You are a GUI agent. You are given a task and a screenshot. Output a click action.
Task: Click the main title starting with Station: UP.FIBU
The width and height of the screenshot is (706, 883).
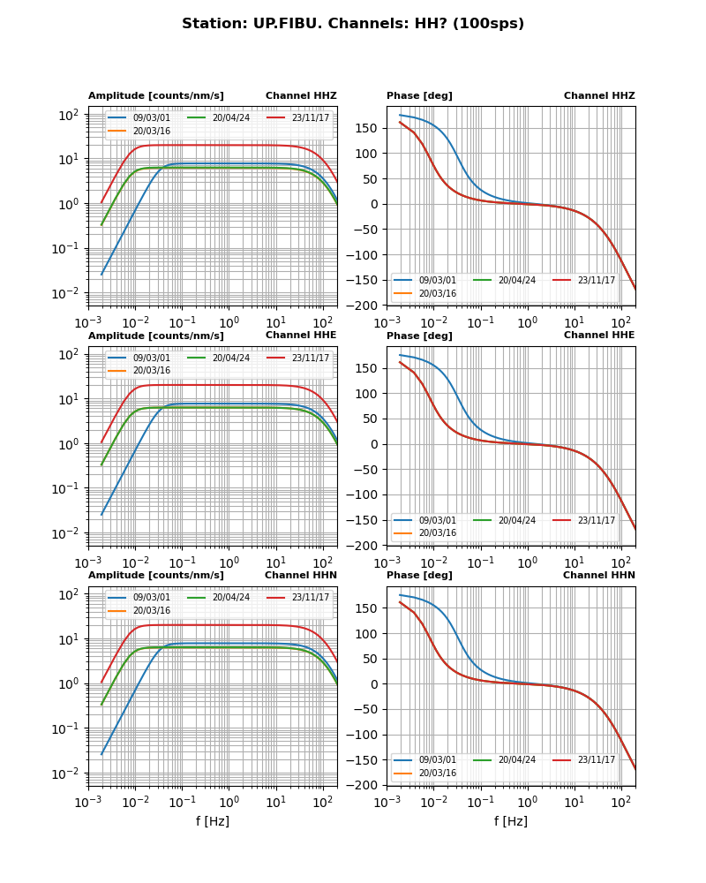tap(353, 24)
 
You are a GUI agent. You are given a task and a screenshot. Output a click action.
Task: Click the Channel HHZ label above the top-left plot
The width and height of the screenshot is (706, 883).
tap(301, 95)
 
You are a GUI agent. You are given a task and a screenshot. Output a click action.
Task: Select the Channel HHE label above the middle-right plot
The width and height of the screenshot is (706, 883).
tap(599, 335)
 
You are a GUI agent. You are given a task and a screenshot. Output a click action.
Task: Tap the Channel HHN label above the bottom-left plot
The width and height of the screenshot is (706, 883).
tap(301, 575)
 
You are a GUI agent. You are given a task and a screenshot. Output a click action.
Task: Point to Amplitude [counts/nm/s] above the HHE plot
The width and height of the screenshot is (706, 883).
tap(156, 336)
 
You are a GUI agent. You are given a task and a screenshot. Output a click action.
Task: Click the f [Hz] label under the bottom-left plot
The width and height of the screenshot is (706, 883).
tap(213, 821)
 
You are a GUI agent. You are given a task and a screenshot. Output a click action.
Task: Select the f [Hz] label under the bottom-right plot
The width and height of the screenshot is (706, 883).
tap(511, 821)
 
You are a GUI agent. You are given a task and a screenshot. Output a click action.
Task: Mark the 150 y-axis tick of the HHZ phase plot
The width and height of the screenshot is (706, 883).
tap(367, 128)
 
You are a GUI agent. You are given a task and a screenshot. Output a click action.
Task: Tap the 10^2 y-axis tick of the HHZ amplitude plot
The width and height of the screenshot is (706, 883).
tap(70, 115)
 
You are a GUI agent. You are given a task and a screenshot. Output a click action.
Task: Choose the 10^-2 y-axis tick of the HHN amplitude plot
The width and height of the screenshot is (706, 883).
tap(70, 774)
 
